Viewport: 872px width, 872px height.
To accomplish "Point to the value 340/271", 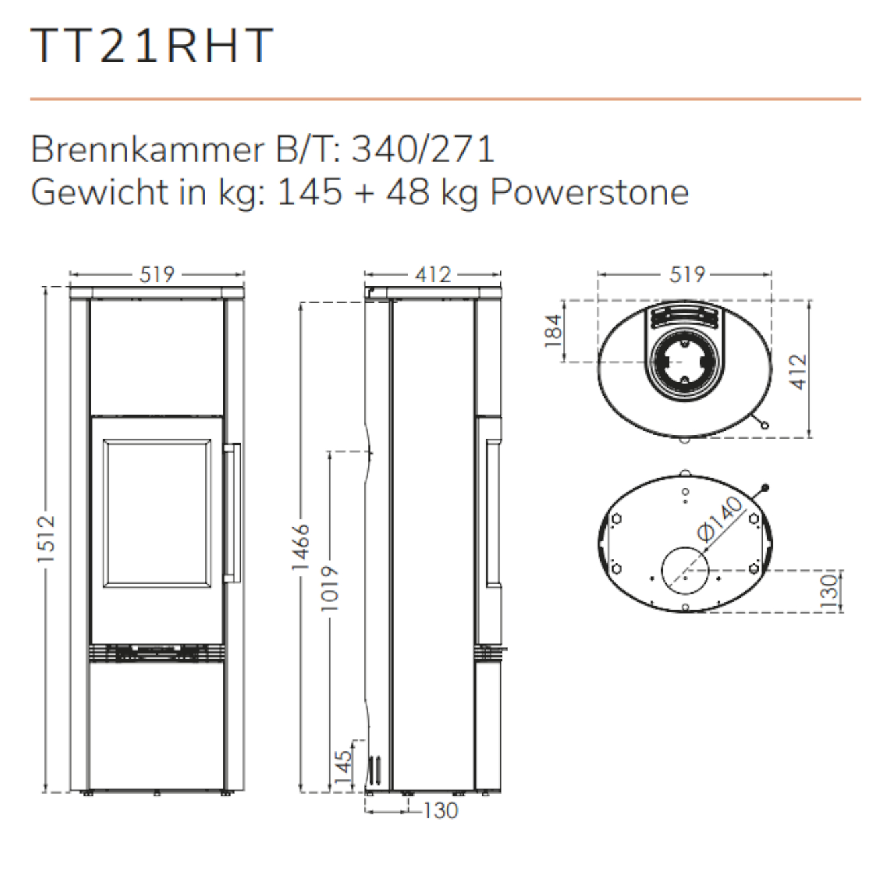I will (423, 149).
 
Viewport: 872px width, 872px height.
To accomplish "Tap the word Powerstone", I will (590, 193).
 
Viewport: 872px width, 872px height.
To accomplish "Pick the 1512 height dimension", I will (46, 539).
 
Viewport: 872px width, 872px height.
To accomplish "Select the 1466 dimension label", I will (301, 547).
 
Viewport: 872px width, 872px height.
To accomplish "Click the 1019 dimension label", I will (330, 588).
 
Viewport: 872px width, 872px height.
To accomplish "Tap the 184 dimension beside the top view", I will (553, 331).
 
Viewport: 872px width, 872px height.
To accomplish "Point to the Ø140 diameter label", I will (720, 519).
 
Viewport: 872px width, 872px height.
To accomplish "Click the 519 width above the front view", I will (157, 274).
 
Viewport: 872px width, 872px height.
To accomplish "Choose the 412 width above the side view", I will (433, 274).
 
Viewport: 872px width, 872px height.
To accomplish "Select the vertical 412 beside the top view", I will (798, 371).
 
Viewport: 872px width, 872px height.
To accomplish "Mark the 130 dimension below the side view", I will (441, 810).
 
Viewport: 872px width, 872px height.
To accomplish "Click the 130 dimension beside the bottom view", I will (830, 591).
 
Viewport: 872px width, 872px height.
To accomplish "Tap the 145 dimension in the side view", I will (342, 767).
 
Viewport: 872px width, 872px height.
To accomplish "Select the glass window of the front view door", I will (157, 513).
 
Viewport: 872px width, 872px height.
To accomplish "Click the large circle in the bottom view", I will (684, 571).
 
